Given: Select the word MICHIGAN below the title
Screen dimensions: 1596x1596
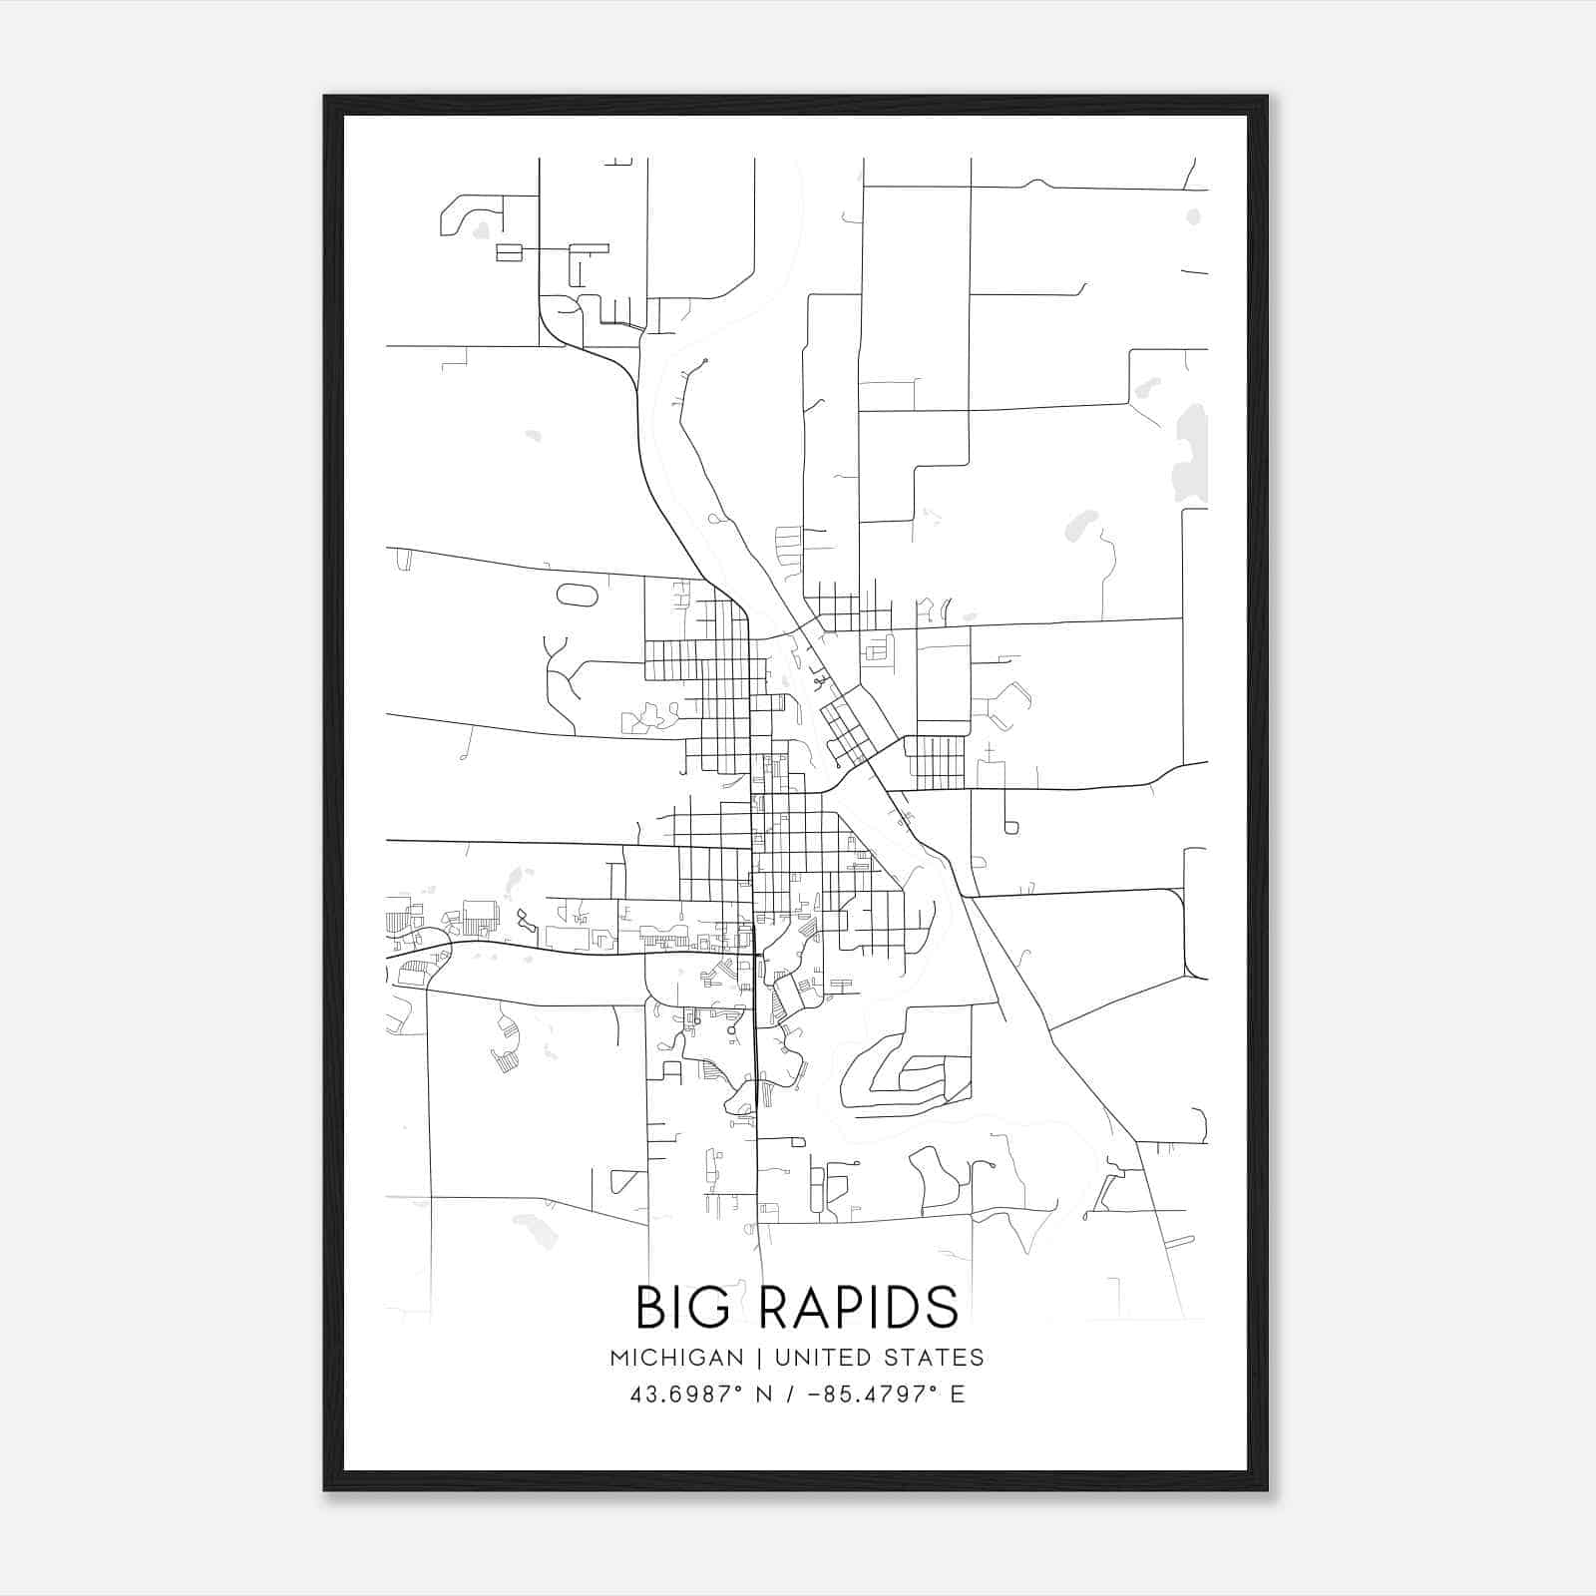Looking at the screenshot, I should [x=677, y=1358].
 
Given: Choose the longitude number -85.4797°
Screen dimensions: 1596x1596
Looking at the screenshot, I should [x=872, y=1395].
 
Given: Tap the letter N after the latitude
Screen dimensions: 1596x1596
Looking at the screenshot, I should [x=764, y=1395].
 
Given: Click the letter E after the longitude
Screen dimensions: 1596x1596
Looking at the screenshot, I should [x=958, y=1395].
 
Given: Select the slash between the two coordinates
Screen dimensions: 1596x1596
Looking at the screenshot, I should [x=791, y=1395].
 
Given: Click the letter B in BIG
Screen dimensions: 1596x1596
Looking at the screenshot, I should [x=650, y=1307].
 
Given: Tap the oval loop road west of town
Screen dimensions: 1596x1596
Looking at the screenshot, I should [x=577, y=596].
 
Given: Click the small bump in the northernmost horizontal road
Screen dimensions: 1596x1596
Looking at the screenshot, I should [x=1038, y=184].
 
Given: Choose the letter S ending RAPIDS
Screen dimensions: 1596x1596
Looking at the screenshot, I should [x=942, y=1307].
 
